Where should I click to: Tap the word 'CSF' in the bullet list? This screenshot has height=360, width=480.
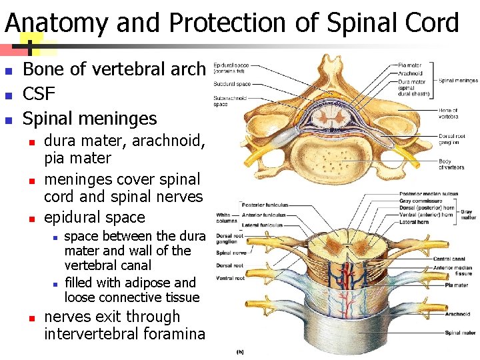[39, 93]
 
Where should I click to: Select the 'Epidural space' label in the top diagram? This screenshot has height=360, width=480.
[231, 68]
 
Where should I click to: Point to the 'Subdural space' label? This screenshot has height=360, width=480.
[232, 84]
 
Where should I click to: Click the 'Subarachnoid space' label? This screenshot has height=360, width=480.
[229, 101]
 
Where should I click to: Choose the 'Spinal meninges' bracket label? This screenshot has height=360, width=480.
[458, 80]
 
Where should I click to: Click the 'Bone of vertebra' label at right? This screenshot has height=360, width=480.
[447, 113]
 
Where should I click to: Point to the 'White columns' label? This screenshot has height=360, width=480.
[225, 218]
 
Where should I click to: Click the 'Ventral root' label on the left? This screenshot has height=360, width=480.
[230, 278]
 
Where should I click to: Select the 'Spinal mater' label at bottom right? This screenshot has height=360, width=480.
[461, 333]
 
